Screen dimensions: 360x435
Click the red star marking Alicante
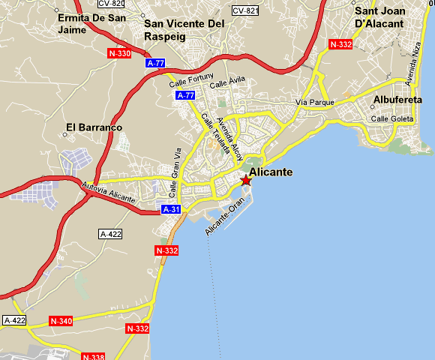tap(246, 180)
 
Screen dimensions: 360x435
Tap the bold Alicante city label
tap(271, 172)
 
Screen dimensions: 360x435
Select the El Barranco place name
tap(94, 127)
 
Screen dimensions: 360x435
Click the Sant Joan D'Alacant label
tap(379, 17)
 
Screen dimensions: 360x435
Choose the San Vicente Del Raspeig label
tap(184, 29)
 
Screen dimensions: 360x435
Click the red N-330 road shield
tap(119, 53)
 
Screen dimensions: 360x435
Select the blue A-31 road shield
tap(171, 209)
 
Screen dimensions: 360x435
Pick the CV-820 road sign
tap(111, 3)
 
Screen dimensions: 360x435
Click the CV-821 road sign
tap(245, 10)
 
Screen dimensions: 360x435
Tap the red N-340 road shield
tap(61, 321)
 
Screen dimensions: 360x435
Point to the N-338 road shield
tap(93, 356)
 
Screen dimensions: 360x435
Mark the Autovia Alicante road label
tap(109, 194)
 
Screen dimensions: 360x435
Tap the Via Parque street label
tap(313, 102)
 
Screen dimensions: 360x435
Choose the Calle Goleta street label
tap(392, 118)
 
